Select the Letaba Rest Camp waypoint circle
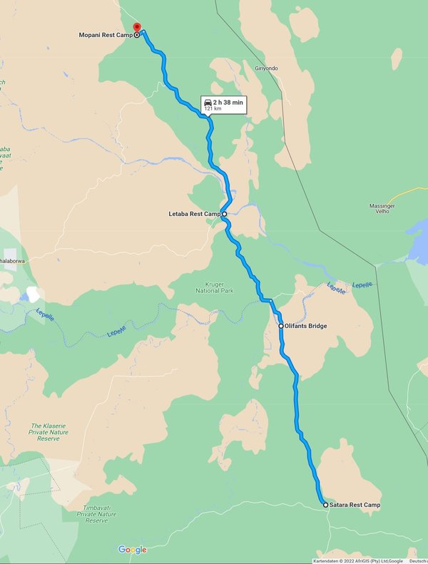pos(224,214)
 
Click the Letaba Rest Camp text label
pos(194,214)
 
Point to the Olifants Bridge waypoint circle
pos(281,326)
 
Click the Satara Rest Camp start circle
pos(326,505)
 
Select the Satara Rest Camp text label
pos(355,505)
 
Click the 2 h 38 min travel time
pos(228,103)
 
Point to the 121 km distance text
pos(213,109)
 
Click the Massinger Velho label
pos(382,210)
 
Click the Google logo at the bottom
pos(132,550)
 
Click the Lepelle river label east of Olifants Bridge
pos(337,287)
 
